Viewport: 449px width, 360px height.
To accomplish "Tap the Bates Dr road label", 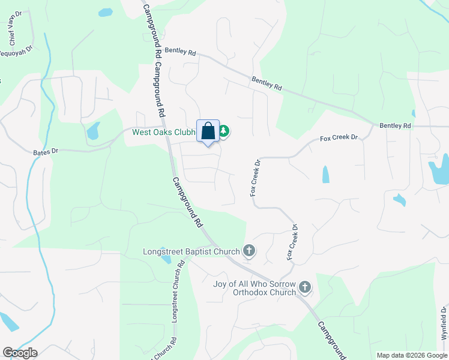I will click(x=46, y=152).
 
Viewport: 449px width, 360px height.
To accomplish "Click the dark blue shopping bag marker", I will click(x=208, y=131).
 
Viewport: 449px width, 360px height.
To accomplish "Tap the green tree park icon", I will click(x=223, y=131).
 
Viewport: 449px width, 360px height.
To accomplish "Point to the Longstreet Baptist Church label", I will click(x=191, y=251).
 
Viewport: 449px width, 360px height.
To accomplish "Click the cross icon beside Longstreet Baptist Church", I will click(x=249, y=251).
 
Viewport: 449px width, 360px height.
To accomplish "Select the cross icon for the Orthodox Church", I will click(x=305, y=287).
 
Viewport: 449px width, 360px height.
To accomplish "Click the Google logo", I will click(x=20, y=353).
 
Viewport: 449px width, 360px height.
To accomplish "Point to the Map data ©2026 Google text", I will click(x=412, y=355).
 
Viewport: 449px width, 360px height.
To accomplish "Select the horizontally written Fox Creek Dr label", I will click(x=339, y=138).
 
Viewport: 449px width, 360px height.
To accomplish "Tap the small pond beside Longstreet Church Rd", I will click(x=167, y=260).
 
